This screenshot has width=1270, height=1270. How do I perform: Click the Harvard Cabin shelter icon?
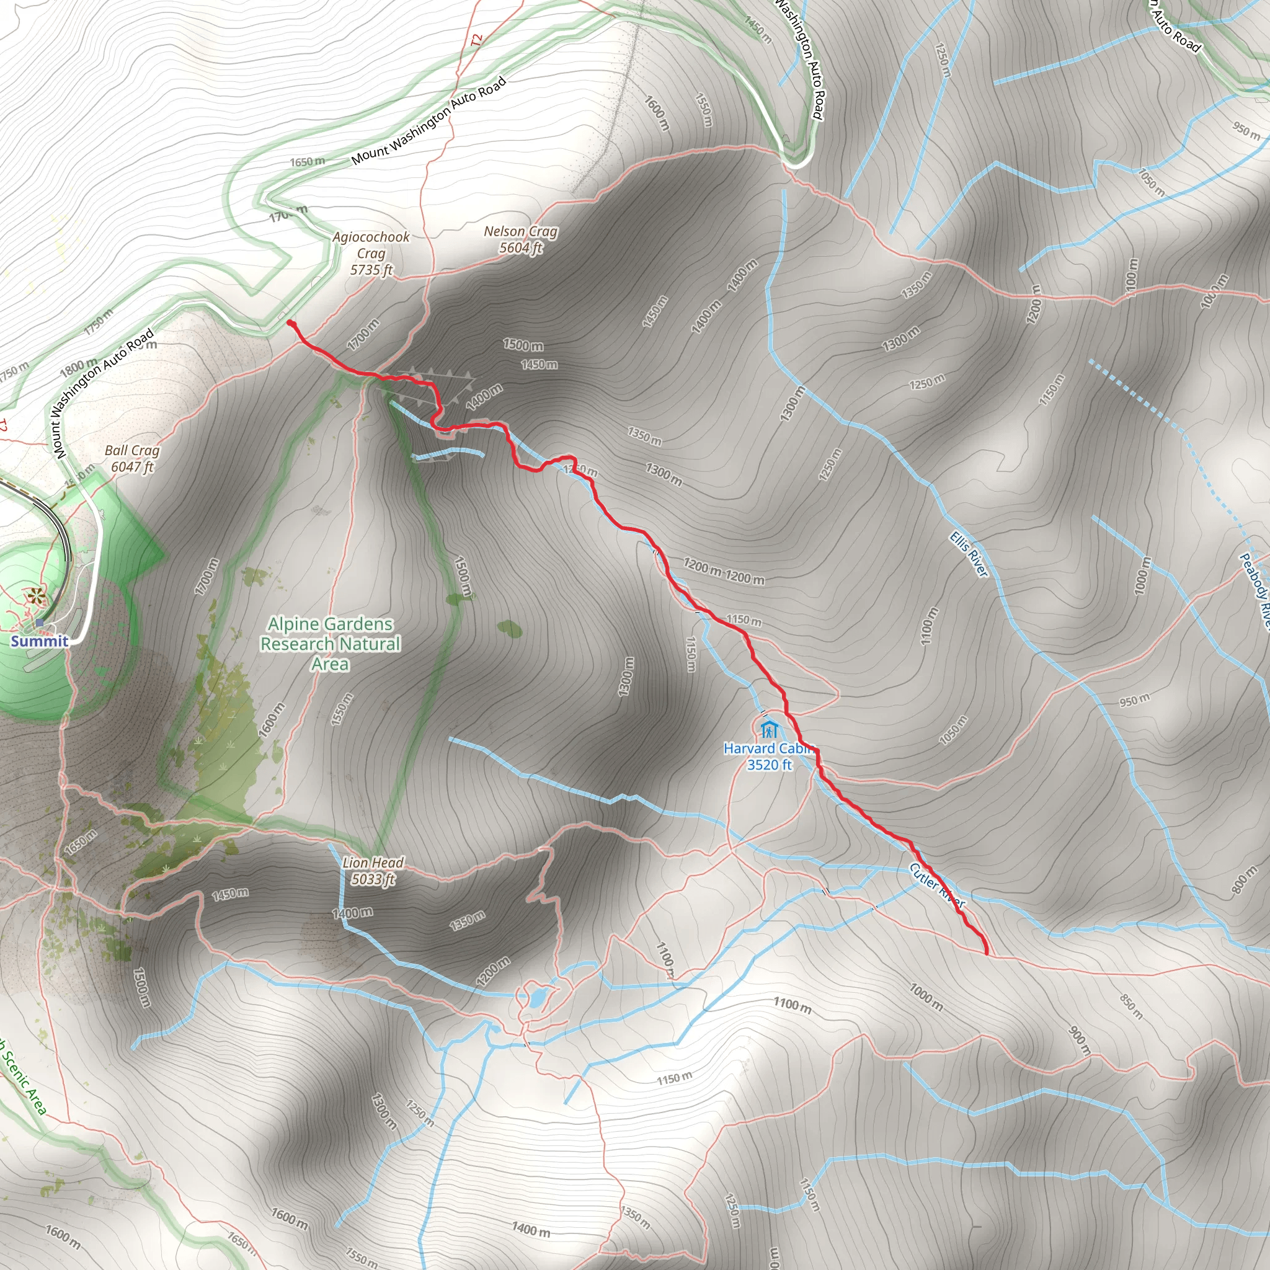point(768,730)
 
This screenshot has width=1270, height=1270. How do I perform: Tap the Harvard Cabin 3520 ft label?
point(768,757)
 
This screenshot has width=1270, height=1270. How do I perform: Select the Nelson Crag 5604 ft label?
point(521,239)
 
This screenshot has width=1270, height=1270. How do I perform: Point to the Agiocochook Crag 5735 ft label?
point(371,253)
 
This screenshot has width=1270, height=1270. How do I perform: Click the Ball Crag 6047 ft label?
point(132,458)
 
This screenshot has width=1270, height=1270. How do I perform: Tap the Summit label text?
point(40,642)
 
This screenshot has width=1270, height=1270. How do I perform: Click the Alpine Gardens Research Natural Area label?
point(330,644)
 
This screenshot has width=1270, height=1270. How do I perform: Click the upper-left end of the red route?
point(290,322)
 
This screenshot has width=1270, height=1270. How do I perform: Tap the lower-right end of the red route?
point(987,952)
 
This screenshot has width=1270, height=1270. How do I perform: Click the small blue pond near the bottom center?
point(536,998)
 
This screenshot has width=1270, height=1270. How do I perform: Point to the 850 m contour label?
point(1131,1005)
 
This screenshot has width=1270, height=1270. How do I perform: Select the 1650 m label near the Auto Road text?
point(307,162)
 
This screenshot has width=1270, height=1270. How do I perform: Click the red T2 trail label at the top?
point(477,40)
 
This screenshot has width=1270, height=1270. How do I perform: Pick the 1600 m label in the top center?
point(656,113)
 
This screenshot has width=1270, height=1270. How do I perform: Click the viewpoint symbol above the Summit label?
point(34,598)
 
